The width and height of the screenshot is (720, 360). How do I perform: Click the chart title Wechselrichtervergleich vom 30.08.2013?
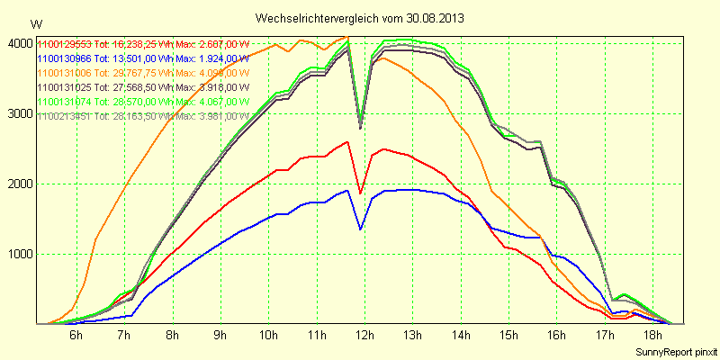[360, 18]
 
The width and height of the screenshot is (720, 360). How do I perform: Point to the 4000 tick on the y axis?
[20, 43]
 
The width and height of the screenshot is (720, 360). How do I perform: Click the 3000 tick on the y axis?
[20, 113]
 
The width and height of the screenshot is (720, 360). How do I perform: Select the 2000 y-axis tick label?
[20, 184]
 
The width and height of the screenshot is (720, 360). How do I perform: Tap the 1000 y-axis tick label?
[20, 254]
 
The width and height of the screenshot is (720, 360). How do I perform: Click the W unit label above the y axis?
[35, 23]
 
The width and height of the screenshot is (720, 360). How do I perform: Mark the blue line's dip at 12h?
[360, 229]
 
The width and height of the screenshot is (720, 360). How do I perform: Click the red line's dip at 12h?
[360, 193]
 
